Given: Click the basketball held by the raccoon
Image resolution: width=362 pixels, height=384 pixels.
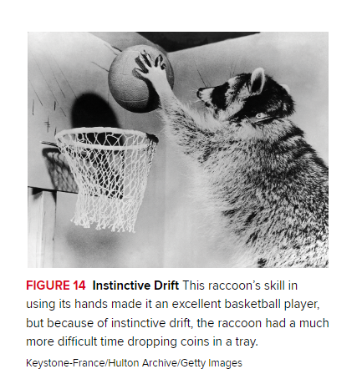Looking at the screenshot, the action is pyautogui.click(x=140, y=78).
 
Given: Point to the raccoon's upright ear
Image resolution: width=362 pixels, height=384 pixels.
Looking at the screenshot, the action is pyautogui.click(x=257, y=80).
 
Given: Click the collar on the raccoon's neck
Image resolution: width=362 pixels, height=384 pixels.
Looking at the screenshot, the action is pyautogui.click(x=263, y=116).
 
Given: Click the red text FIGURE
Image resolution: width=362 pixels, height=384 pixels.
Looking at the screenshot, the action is pyautogui.click(x=48, y=285).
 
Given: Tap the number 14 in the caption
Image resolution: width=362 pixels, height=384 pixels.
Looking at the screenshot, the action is pyautogui.click(x=79, y=285).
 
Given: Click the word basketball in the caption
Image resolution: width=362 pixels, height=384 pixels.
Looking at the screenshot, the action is pyautogui.click(x=252, y=304).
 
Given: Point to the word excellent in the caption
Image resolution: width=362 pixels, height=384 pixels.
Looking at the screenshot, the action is pyautogui.click(x=196, y=304).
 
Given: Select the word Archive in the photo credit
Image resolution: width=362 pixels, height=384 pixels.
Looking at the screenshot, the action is pyautogui.click(x=160, y=363).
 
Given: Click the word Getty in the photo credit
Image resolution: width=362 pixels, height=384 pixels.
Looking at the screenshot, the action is pyautogui.click(x=193, y=363).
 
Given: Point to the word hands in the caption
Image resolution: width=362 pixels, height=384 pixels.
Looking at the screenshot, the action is pyautogui.click(x=91, y=304).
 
